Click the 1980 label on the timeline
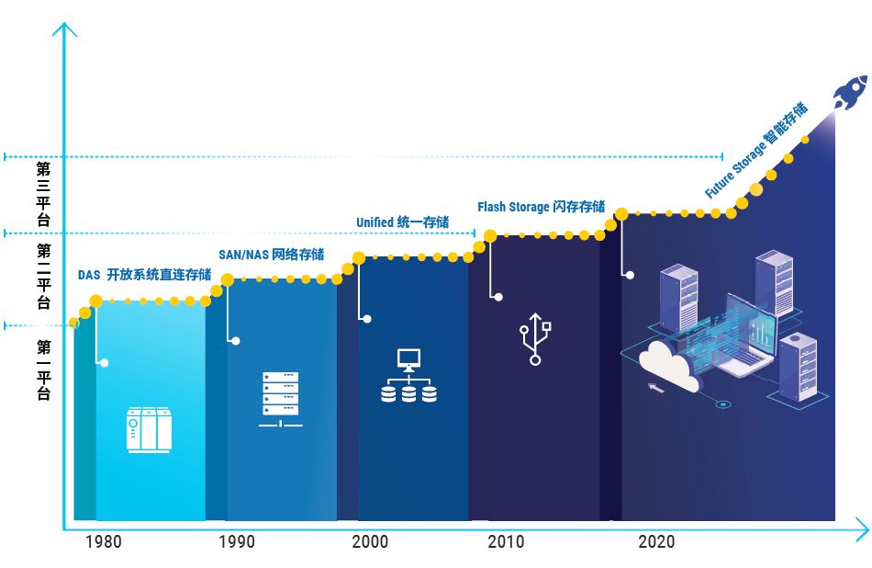tap(104, 541)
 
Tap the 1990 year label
tap(237, 541)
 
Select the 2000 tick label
tap(370, 541)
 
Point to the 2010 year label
tap(506, 541)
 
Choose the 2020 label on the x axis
tap(656, 541)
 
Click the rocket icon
tap(850, 92)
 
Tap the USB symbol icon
tap(535, 339)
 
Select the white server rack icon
tap(281, 399)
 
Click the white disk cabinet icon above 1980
tap(149, 429)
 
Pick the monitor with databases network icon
tap(408, 375)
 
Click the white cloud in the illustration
tap(667, 367)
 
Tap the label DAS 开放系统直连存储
tap(145, 275)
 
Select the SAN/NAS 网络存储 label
tap(272, 255)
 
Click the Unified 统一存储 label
tap(403, 222)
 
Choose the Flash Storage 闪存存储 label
tap(542, 207)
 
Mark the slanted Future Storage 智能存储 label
tap(756, 150)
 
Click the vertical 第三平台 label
tap(43, 194)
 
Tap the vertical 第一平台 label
tap(43, 370)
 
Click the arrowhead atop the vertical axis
tap(64, 28)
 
